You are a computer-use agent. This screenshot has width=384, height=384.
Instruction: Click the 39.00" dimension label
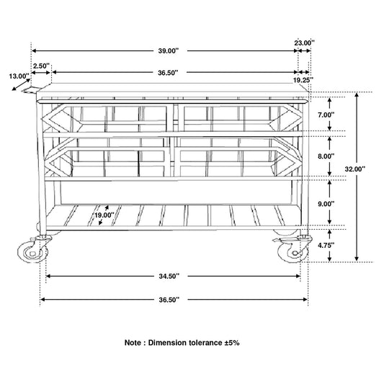tap(169, 51)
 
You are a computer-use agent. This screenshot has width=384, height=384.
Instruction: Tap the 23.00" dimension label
tap(304, 43)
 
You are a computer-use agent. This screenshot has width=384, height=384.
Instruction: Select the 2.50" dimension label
tap(41, 66)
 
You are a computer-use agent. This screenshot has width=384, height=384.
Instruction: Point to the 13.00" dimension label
tap(19, 76)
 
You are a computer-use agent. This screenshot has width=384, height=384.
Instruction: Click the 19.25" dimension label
tap(303, 80)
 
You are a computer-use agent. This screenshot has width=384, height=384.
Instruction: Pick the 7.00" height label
tap(326, 115)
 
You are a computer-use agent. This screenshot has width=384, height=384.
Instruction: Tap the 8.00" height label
tap(326, 156)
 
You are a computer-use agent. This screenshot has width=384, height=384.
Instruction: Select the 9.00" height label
tap(326, 204)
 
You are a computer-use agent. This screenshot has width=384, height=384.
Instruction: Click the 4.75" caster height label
tap(326, 245)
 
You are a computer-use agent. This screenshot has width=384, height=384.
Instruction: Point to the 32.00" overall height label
tap(355, 169)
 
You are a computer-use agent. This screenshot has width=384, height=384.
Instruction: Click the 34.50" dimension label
tap(169, 276)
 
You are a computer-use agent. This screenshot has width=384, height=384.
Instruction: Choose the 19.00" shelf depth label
tap(104, 215)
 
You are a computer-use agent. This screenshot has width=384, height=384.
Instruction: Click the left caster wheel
tap(33, 252)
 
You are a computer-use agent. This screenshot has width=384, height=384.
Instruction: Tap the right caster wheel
tap(293, 252)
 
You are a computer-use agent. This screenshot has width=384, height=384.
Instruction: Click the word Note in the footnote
tap(133, 343)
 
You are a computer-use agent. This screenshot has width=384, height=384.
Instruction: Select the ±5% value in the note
tap(232, 343)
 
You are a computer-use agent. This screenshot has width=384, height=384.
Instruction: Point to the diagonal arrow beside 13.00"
tap(21, 84)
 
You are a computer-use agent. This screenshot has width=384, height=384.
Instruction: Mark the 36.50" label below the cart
tap(169, 300)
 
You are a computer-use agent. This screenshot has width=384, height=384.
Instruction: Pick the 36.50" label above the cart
tap(168, 73)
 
